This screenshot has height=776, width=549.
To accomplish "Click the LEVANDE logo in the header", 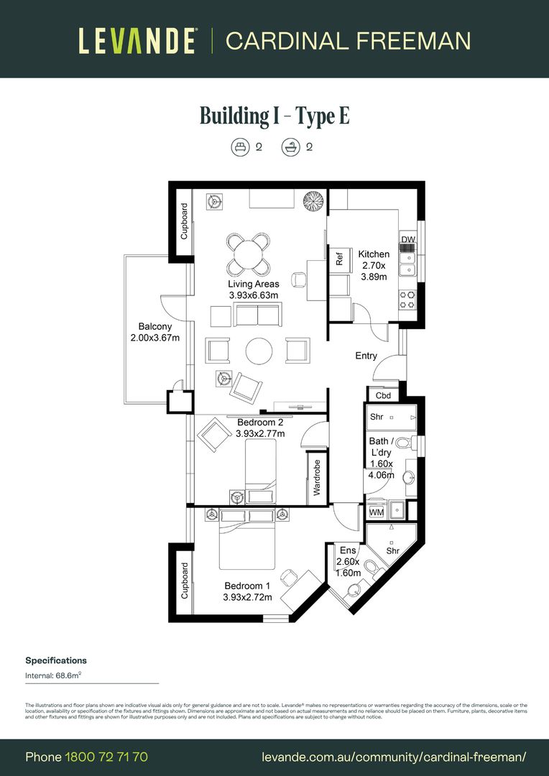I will point(137,40).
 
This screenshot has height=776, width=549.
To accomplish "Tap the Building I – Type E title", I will point(274,116).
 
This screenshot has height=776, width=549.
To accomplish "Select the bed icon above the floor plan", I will point(239,148).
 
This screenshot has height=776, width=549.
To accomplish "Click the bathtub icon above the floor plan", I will point(290,148).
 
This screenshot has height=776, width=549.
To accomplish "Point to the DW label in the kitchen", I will point(408,239).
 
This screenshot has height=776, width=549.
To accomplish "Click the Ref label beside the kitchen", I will point(340,258).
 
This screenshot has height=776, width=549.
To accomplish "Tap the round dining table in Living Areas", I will point(247,254).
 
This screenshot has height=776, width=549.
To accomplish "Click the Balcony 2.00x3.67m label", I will point(154,332).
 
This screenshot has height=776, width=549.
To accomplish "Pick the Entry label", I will point(366,356).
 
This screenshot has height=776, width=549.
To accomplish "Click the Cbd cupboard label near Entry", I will point(383,396).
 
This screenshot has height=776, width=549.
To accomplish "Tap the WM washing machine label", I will point(377,512).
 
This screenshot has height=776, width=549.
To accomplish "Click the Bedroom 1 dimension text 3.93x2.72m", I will point(247,597).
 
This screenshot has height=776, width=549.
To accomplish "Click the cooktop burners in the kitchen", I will point(408,299).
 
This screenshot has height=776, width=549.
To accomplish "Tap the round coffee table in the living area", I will point(259,351).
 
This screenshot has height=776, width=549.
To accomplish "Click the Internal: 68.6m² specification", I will point(54,675).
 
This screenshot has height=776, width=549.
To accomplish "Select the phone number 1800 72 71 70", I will point(106,757).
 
